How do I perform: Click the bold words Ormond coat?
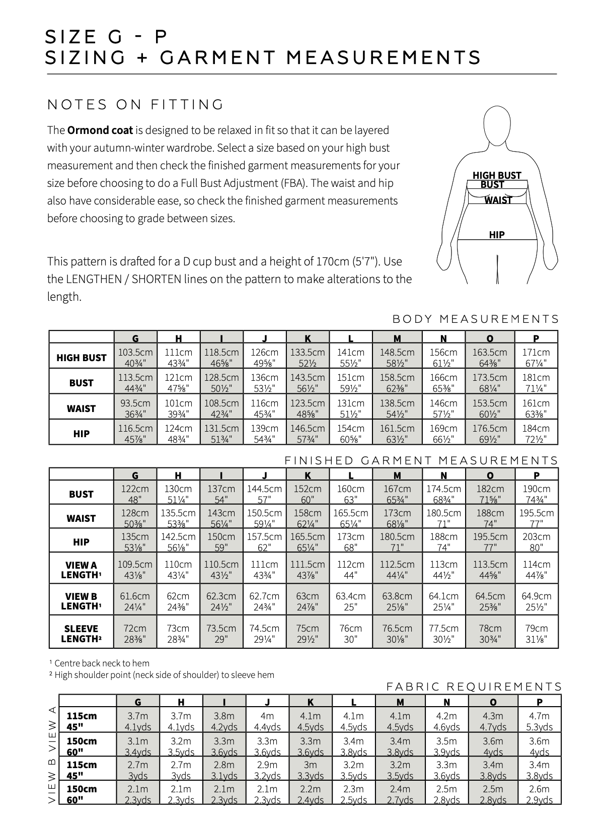[x=100, y=130]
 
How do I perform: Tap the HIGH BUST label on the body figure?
[x=497, y=175]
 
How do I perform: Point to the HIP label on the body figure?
[x=497, y=235]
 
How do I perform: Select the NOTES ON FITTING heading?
[x=135, y=105]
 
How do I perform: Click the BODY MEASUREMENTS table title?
[x=475, y=319]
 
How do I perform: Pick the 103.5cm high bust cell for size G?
[x=135, y=357]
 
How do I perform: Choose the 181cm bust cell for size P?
[x=536, y=382]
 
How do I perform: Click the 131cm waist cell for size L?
[x=350, y=408]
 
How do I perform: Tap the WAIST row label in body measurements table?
[x=82, y=408]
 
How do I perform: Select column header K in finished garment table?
[x=308, y=475]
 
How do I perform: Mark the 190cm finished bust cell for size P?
[x=536, y=494]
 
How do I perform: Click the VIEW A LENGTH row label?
[x=82, y=570]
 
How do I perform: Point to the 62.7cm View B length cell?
[x=264, y=601]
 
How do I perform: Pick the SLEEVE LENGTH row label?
[x=82, y=634]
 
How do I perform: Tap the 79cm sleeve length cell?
[x=536, y=634]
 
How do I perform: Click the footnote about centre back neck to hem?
[x=100, y=663]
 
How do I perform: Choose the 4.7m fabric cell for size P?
[x=539, y=721]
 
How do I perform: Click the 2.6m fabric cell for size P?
[x=539, y=794]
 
